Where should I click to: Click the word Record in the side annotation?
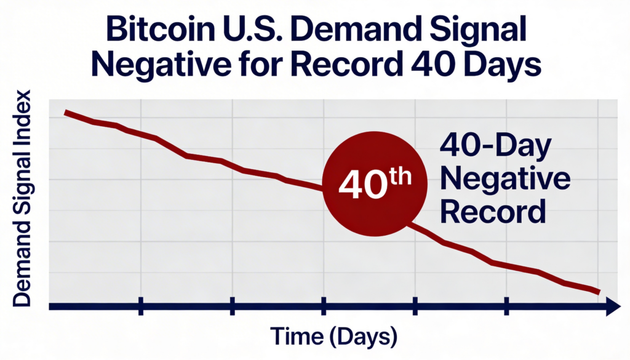pyautogui.click(x=494, y=212)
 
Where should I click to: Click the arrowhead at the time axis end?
pyautogui.click(x=613, y=306)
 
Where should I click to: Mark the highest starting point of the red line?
pyautogui.click(x=66, y=113)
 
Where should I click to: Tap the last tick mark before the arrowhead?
pyautogui.click(x=506, y=306)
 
